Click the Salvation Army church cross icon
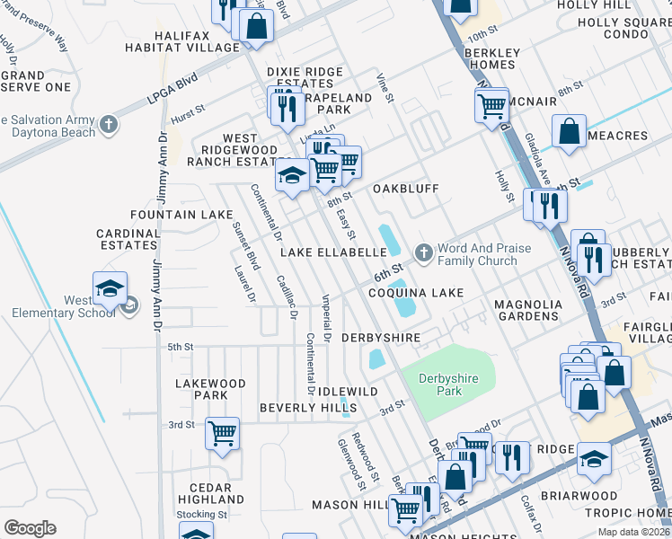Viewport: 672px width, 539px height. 109,125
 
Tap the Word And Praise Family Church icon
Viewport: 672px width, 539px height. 422,254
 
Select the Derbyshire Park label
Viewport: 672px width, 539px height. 453,384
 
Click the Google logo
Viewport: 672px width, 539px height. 31,527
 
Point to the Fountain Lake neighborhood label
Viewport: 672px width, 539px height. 181,216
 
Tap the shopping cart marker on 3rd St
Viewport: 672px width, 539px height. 222,434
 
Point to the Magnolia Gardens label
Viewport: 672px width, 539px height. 528,310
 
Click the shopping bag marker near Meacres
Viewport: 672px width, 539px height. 570,133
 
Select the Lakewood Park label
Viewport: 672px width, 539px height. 210,389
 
